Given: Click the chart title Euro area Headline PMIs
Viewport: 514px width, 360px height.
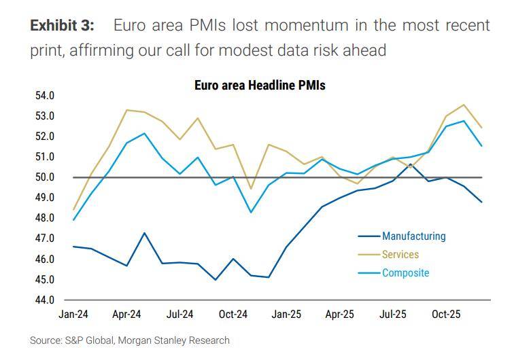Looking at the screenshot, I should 260,86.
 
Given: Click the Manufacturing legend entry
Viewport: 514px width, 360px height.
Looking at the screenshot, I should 413,236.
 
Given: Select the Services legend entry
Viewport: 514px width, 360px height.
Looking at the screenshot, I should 400,255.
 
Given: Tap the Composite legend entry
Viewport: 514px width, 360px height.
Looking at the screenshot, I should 405,273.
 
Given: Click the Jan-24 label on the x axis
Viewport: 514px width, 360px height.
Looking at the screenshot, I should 73,314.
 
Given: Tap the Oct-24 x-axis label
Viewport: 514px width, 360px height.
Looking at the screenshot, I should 233,314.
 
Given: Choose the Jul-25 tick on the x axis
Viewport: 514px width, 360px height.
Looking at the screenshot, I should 392,314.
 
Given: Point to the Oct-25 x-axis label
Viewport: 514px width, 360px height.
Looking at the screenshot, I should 446,314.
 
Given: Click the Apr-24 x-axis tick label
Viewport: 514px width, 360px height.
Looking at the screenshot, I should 126,314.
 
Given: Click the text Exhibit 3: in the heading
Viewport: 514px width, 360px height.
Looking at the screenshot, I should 62,26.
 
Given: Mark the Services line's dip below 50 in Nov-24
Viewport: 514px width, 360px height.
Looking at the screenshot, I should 252,189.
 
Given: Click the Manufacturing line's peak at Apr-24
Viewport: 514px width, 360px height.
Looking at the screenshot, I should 144,233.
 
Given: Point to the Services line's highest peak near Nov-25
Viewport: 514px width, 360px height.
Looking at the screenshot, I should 464,105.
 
